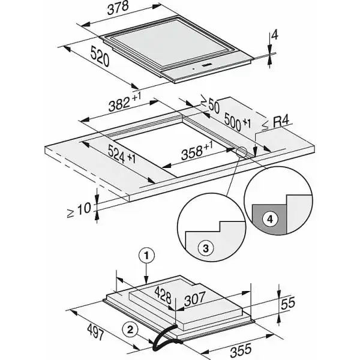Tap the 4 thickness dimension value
tap(274, 35)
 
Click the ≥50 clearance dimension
tap(209, 104)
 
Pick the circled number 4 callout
tap(270, 220)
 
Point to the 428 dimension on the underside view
tap(164, 295)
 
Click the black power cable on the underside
tap(159, 339)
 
